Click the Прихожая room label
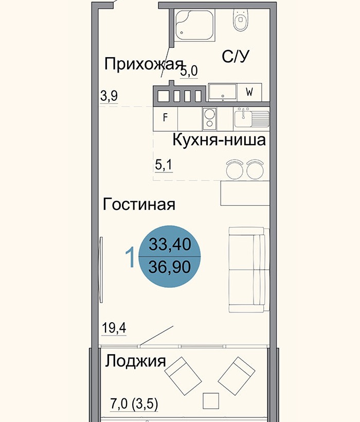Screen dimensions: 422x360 point(143,64)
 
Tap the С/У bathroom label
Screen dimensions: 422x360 point(236,57)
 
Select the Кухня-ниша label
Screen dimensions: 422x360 point(219,140)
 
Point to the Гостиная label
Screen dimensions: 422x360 point(139,204)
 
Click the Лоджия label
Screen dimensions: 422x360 point(135,361)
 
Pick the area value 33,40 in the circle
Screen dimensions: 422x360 point(170,244)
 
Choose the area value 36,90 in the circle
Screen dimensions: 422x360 point(170,267)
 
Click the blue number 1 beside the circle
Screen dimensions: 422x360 point(130,257)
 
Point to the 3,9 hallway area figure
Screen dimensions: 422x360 point(109,96)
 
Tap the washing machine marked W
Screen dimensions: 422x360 point(249,93)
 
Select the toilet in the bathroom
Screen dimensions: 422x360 point(240,21)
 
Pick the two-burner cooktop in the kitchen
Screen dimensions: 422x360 point(209,119)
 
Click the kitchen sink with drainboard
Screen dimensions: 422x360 point(251,119)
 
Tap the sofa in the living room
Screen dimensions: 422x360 point(248,270)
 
